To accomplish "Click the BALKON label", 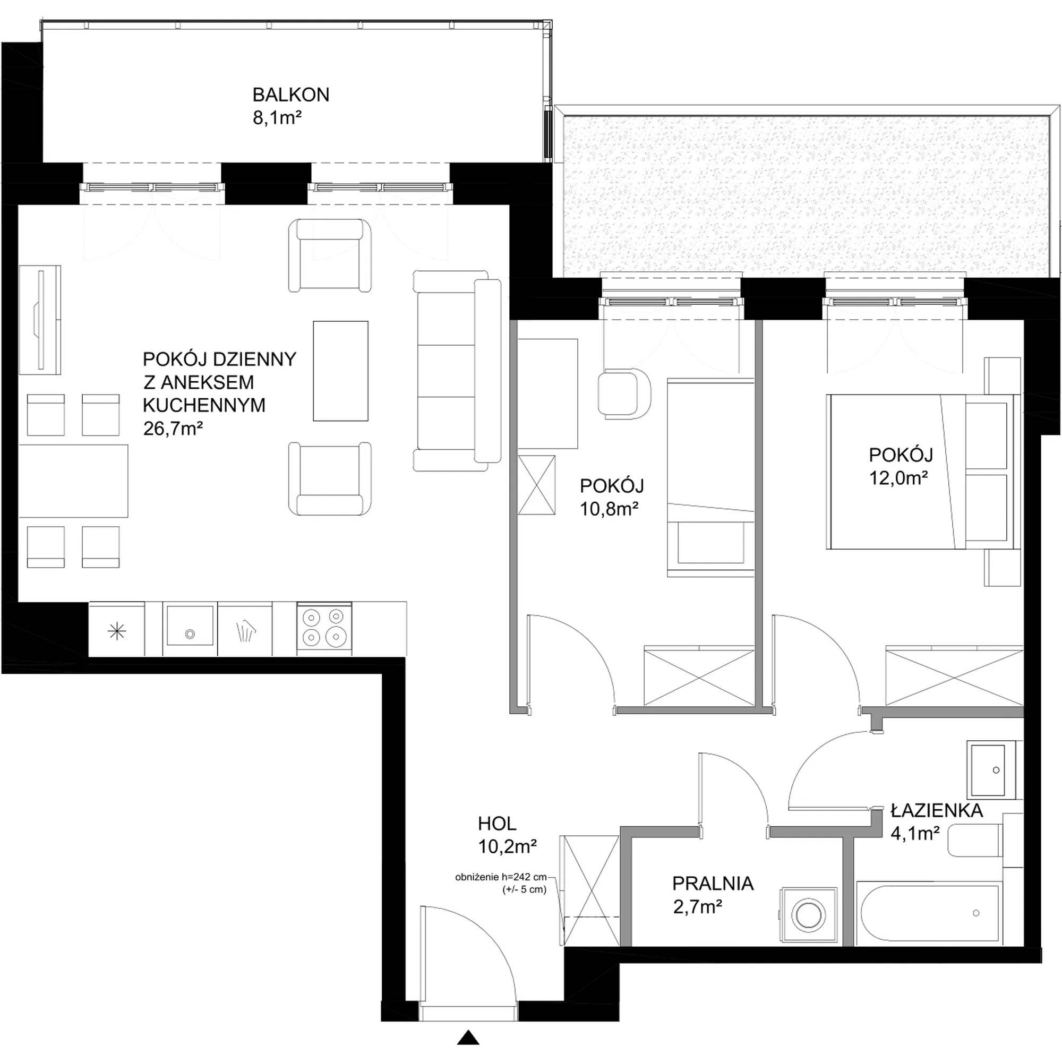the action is tap(291, 95).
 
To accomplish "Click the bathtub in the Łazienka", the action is tap(929, 915).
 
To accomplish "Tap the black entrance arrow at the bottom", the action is tap(468, 1037).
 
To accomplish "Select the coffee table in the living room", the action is tap(340, 371).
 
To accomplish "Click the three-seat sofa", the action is tap(457, 371).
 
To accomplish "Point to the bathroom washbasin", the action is tap(994, 770).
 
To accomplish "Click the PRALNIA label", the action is tap(713, 884).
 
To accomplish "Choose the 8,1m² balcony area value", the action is tap(278, 118).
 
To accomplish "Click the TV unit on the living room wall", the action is tap(40, 320).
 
